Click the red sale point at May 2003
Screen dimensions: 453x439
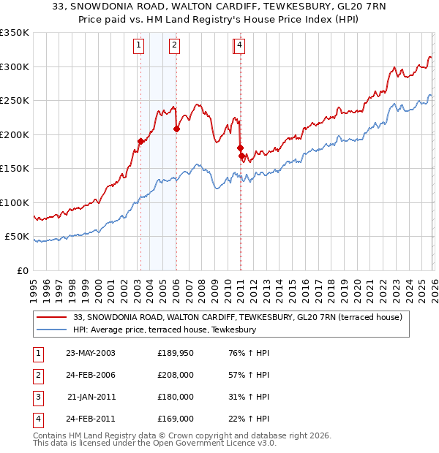(x=140, y=141)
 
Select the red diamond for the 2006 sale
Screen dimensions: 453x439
(x=176, y=129)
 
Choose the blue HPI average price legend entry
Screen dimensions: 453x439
(x=164, y=330)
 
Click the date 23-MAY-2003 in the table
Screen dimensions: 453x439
(x=91, y=354)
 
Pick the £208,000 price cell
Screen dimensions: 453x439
(x=176, y=376)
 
